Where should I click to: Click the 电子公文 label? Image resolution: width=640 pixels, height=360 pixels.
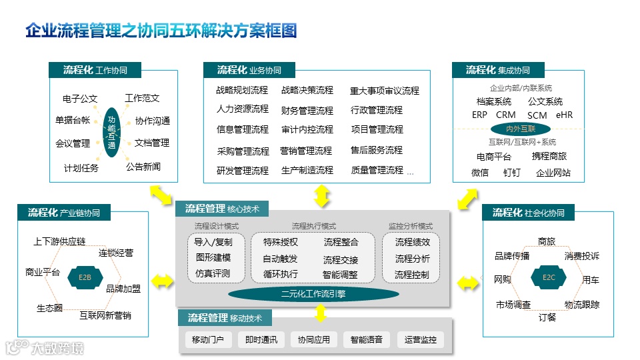pos(80,99)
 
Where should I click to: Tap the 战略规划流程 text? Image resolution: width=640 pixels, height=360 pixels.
pos(242,90)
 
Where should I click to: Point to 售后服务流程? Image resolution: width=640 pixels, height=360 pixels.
pos(377,150)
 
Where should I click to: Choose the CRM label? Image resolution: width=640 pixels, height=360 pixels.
pos(506,115)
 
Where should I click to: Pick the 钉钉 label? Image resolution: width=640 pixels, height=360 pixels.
pos(512,173)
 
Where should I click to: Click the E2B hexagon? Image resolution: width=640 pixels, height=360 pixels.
pos(85,277)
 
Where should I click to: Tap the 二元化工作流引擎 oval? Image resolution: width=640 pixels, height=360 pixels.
pos(313,294)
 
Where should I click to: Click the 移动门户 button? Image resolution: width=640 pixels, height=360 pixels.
pos(209,339)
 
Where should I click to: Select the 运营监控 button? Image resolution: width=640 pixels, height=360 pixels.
pos(420,339)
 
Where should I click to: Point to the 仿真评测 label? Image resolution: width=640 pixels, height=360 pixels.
pos(213,273)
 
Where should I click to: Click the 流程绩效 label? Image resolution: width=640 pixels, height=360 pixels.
pos(412,242)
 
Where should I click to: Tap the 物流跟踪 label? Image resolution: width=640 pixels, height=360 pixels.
pos(582,305)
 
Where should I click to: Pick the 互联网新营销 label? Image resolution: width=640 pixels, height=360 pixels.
pos(105,315)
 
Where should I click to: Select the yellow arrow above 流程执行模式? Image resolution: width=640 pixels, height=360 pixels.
pos(322,195)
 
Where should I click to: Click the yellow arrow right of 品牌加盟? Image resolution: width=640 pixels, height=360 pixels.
pos(162,281)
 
